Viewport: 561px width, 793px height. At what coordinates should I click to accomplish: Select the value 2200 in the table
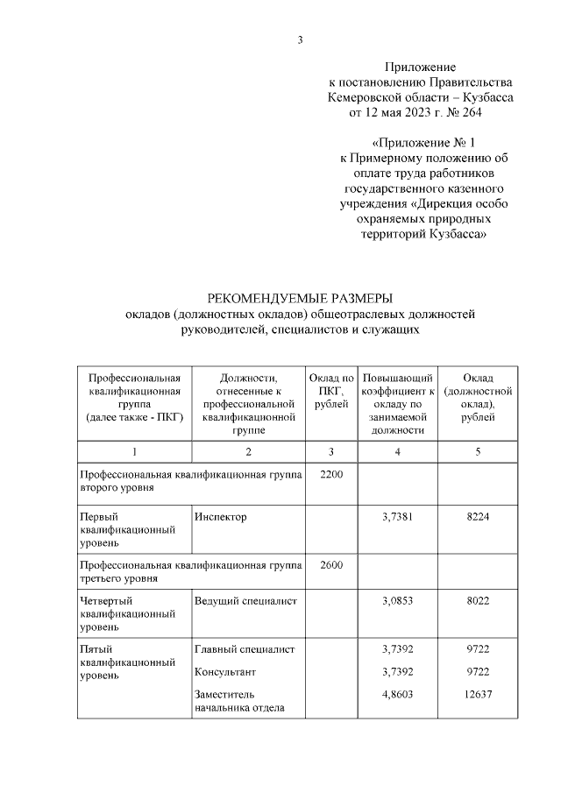(331, 474)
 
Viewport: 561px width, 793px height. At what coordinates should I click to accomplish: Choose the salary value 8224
(478, 517)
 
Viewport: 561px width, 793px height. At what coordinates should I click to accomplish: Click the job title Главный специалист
(244, 649)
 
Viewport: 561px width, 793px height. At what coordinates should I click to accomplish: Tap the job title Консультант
(225, 671)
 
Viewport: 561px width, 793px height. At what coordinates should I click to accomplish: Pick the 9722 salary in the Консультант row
(478, 671)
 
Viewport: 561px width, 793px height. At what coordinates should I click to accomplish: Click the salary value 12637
(478, 693)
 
